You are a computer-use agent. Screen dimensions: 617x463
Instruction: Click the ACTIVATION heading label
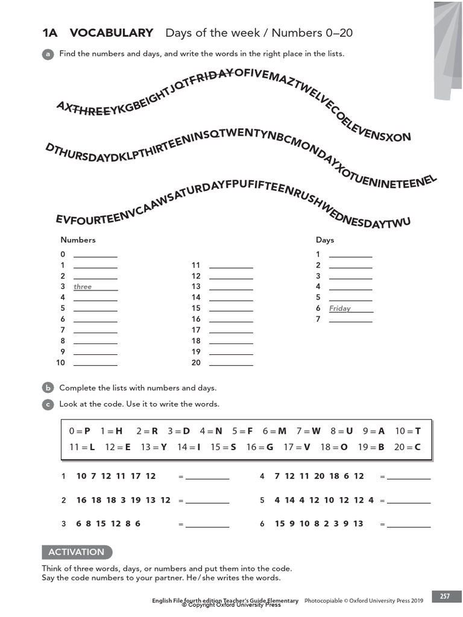(77, 552)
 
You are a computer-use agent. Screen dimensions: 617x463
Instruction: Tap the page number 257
(445, 597)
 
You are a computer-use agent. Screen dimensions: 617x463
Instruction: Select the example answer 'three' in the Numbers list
(83, 287)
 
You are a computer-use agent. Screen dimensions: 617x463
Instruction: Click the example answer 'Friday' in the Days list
(340, 308)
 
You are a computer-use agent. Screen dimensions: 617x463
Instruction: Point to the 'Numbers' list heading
(78, 240)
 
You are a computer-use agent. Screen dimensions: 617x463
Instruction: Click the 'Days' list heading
(325, 240)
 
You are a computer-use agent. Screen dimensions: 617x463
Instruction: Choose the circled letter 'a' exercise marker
(48, 54)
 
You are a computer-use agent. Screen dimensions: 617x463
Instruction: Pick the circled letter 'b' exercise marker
(48, 388)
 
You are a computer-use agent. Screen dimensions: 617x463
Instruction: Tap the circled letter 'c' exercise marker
(48, 404)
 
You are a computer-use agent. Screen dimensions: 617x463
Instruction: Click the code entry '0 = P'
(80, 431)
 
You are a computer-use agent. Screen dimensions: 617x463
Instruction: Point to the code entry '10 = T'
(408, 431)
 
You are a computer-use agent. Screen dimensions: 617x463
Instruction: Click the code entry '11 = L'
(83, 447)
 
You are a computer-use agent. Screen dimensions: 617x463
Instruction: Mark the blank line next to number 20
(231, 364)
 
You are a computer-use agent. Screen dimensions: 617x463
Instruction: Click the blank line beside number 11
(231, 266)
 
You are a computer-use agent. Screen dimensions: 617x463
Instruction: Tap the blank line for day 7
(351, 321)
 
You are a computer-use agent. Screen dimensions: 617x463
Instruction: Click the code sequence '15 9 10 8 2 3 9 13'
(320, 524)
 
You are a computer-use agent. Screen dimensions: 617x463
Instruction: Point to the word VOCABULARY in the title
(112, 33)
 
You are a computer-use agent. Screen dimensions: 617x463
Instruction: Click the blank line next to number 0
(95, 256)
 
